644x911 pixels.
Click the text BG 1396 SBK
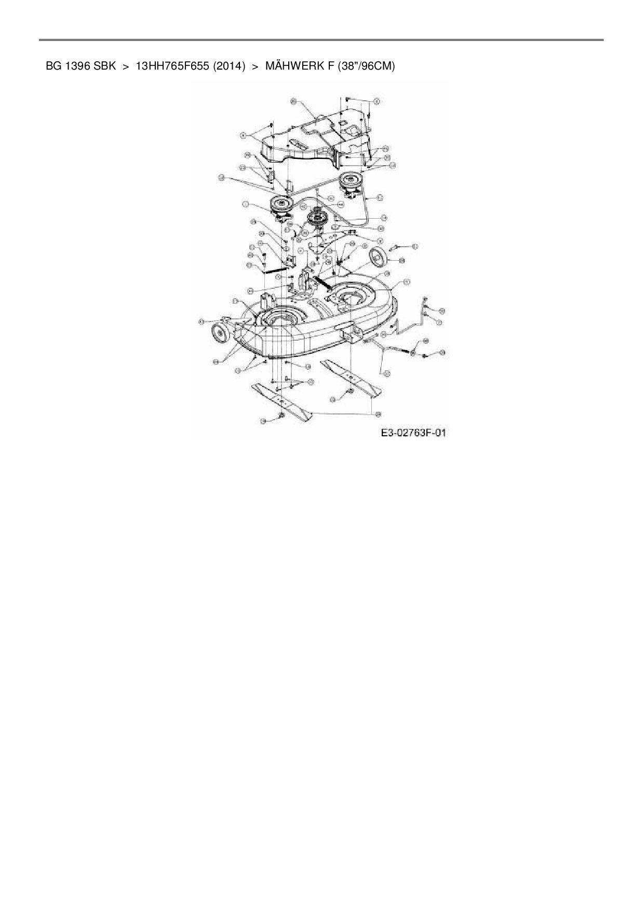coord(81,66)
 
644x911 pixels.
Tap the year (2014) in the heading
coord(229,66)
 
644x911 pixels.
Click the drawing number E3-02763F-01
coord(413,433)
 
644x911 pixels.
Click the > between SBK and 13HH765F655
coord(126,66)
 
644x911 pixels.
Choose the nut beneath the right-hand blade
coord(350,391)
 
